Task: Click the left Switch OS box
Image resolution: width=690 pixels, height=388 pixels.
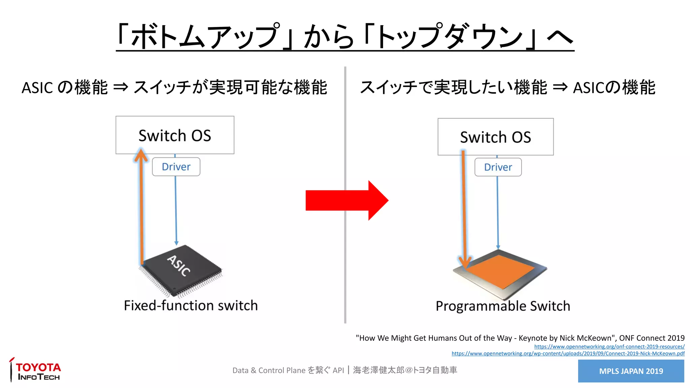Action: click(x=175, y=135)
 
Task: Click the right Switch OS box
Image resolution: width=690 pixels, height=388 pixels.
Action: click(x=495, y=137)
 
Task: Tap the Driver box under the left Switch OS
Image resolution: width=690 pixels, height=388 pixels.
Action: click(x=176, y=167)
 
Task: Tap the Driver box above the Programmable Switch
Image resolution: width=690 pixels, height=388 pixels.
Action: click(x=498, y=167)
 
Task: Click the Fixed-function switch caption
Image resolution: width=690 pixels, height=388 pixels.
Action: click(x=191, y=305)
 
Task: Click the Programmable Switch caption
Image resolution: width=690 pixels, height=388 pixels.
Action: click(x=503, y=306)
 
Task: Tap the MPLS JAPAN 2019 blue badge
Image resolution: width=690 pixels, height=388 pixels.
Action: click(x=631, y=371)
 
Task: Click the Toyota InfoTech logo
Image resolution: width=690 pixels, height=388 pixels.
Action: click(x=35, y=370)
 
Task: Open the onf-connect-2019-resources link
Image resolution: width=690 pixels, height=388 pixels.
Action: click(x=609, y=347)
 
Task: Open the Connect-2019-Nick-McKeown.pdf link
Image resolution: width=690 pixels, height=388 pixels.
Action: click(x=568, y=354)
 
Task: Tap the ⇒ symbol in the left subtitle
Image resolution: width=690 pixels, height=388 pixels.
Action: click(x=121, y=88)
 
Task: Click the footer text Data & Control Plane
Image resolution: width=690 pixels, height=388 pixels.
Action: click(x=269, y=370)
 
